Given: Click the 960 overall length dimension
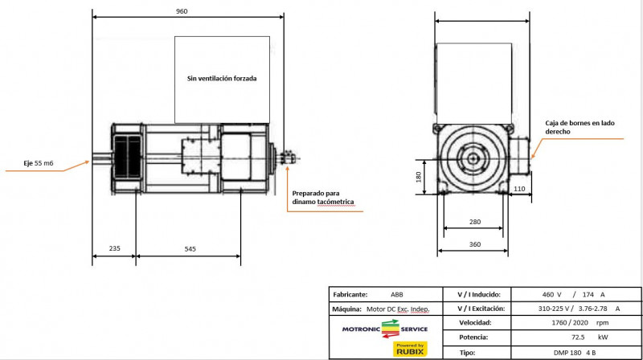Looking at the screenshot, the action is click(x=182, y=11).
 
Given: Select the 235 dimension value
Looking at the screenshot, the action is click(x=114, y=248).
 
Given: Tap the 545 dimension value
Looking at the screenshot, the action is click(x=190, y=249).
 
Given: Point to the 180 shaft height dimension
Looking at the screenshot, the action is click(x=418, y=177).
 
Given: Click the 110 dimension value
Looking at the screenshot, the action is click(x=519, y=189).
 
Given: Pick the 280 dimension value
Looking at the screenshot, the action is click(x=475, y=222).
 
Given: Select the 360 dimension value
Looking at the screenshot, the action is click(x=475, y=244).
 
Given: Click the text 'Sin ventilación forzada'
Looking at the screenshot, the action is click(x=222, y=78).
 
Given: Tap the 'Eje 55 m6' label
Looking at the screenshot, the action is click(x=38, y=163).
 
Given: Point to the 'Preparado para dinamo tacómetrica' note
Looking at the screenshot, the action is click(x=323, y=198).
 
